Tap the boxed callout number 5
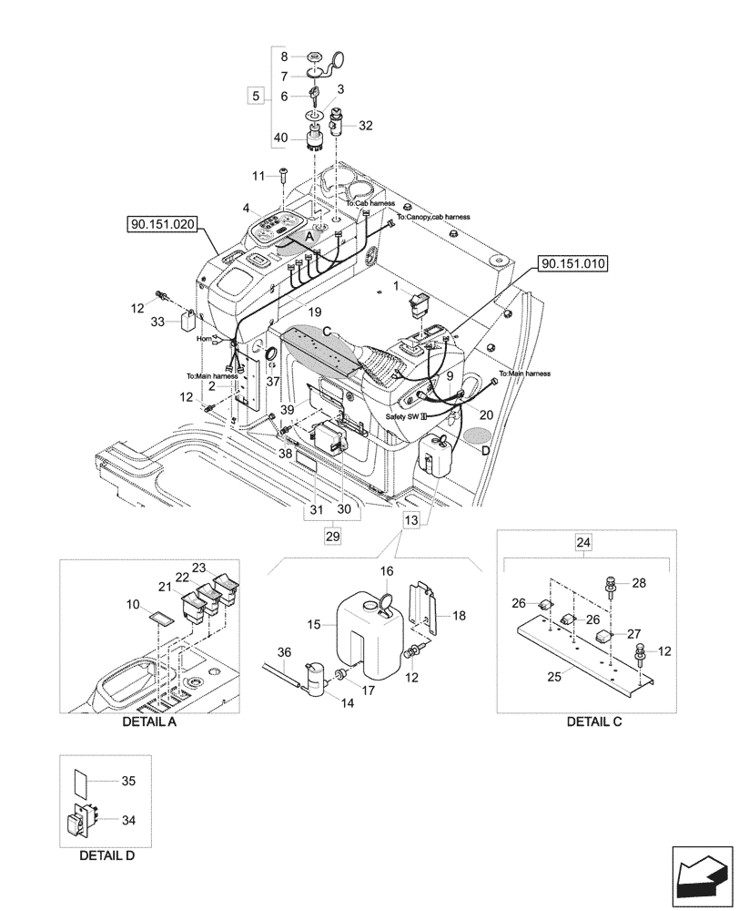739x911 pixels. coord(256,95)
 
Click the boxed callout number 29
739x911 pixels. coord(331,537)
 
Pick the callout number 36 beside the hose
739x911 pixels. coord(283,652)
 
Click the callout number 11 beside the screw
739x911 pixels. coord(258,175)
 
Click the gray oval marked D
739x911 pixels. coord(474,437)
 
